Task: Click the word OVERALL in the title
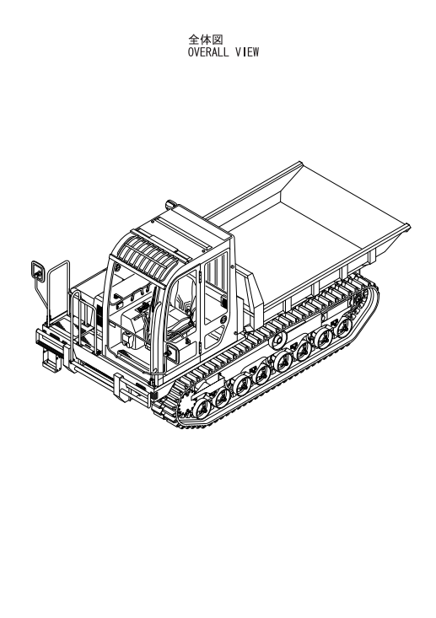207,52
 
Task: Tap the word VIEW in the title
247,52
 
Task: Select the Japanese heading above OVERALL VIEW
206,40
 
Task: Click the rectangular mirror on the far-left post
37,271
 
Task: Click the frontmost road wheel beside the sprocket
202,408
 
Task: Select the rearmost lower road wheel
344,327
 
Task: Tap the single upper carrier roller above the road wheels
279,339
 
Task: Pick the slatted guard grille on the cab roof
157,255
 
